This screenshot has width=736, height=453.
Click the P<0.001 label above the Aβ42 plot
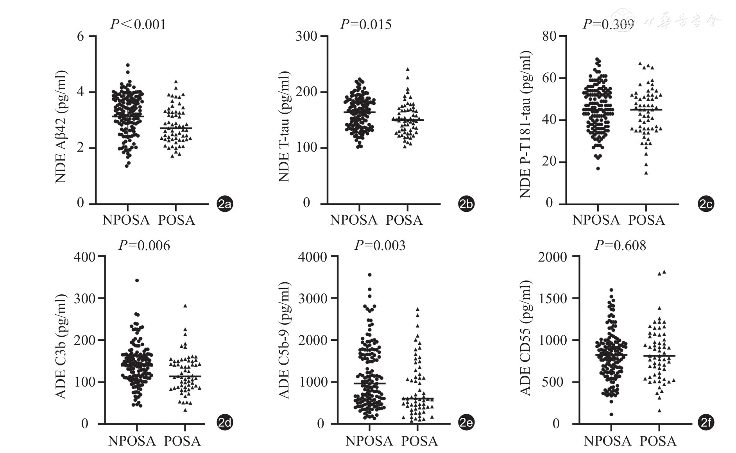[138, 24]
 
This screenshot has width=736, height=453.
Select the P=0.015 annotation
[365, 24]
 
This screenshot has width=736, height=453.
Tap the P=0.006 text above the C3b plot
[144, 245]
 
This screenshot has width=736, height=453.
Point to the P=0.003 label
[380, 245]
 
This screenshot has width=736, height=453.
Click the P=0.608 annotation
[620, 245]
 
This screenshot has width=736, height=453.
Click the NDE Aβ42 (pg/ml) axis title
[61, 127]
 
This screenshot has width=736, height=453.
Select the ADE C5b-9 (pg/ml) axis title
[284, 340]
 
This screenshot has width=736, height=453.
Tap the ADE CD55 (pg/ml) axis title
[525, 338]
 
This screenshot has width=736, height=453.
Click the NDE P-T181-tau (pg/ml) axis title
[525, 124]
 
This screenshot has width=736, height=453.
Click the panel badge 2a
[225, 204]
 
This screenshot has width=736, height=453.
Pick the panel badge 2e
[466, 423]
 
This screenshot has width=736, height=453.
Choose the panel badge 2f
[706, 423]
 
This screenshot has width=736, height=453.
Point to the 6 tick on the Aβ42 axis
[81, 36]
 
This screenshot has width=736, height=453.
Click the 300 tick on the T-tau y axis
[306, 36]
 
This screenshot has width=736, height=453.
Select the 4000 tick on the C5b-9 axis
[312, 257]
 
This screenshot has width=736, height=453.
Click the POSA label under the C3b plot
[182, 441]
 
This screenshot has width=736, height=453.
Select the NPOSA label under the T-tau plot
[354, 220]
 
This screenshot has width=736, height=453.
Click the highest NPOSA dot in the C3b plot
[137, 280]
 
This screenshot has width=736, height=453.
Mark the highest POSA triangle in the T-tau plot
[407, 69]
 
